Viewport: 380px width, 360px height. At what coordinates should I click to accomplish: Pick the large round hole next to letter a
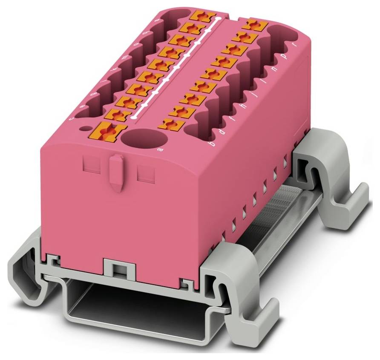pos(143,138)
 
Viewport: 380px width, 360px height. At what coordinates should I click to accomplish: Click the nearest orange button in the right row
pos(171,124)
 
